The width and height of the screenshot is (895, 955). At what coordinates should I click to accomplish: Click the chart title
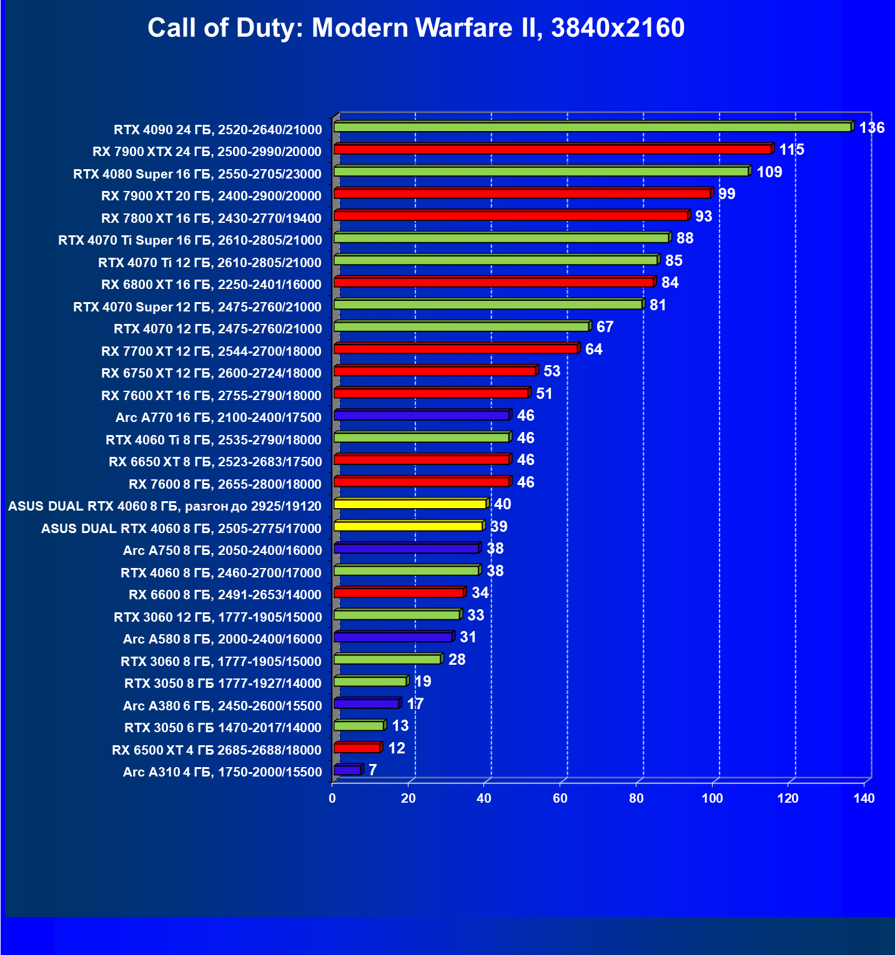tap(416, 28)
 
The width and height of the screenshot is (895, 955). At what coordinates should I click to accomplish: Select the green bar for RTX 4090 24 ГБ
tap(592, 127)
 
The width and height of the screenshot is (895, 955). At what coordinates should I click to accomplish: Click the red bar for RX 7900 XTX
tap(552, 149)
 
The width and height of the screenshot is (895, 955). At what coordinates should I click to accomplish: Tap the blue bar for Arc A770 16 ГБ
tap(422, 416)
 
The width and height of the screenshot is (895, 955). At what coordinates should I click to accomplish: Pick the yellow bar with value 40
tap(410, 504)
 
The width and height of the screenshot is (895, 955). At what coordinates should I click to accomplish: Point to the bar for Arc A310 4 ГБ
tap(347, 770)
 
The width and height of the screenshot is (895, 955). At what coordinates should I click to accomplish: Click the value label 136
tap(872, 128)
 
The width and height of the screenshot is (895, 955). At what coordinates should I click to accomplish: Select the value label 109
tap(769, 172)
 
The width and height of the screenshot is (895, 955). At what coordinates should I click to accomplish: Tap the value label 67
tap(605, 327)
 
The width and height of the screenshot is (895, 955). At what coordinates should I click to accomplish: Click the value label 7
tap(373, 770)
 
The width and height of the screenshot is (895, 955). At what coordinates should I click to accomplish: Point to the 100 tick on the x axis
tap(712, 798)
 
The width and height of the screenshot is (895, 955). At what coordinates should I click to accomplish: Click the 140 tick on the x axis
tap(864, 798)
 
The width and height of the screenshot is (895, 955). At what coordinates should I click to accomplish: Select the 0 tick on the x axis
tap(332, 798)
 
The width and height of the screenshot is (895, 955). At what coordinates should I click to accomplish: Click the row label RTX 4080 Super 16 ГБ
tap(197, 174)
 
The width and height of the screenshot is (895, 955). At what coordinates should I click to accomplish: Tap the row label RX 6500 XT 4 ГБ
tap(217, 750)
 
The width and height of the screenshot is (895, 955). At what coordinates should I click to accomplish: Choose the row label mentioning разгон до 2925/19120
tap(165, 506)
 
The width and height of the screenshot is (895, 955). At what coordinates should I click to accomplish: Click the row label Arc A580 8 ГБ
tap(222, 639)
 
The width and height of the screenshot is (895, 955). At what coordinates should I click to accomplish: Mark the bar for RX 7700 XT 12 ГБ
tap(455, 349)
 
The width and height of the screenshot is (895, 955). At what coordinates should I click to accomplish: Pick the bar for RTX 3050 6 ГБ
tap(358, 726)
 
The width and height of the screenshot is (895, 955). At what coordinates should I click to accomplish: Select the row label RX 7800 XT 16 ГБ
tap(211, 218)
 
